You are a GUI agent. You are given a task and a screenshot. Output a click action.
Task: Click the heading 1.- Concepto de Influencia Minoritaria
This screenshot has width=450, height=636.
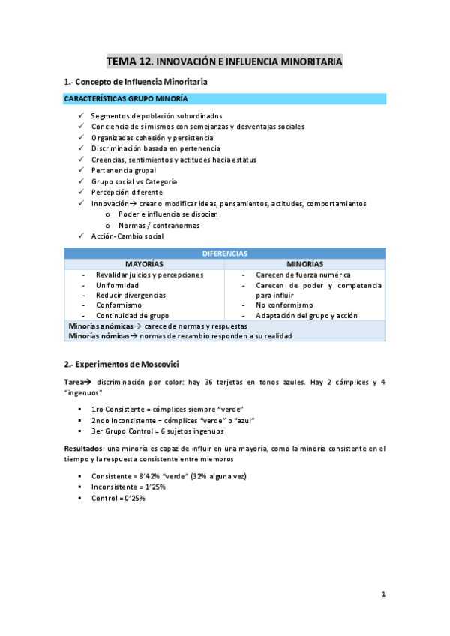(x=136, y=81)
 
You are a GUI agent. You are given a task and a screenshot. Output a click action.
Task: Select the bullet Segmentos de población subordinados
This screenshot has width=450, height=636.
(x=156, y=116)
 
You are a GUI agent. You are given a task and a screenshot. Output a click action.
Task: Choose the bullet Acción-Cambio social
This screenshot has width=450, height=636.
(x=127, y=236)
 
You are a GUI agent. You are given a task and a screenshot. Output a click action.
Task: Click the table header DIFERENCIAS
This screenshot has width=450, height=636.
(x=225, y=253)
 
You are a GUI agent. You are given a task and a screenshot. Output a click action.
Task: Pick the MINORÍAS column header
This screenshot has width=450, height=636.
(x=305, y=264)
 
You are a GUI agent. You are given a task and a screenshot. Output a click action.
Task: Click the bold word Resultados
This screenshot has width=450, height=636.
(x=87, y=448)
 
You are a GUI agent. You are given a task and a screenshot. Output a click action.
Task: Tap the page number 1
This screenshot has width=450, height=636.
(x=382, y=594)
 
